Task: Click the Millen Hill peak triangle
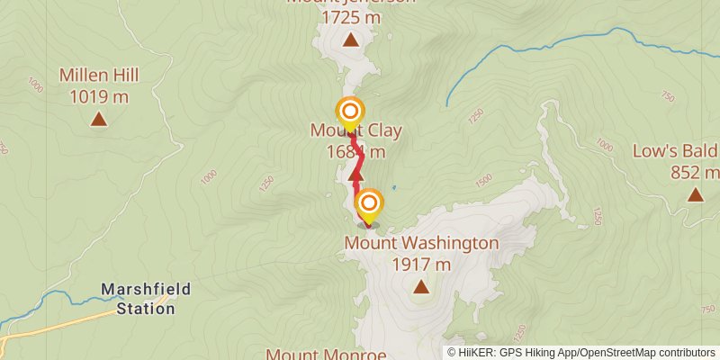[98, 119]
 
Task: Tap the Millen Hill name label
[98, 76]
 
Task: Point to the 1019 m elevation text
[98, 94]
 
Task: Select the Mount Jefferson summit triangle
[349, 40]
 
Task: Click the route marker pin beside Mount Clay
[349, 112]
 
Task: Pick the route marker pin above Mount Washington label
[367, 204]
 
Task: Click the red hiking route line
[358, 162]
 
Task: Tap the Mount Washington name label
[421, 243]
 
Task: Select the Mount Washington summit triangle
[420, 287]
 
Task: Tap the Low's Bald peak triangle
[695, 194]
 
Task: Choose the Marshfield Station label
[138, 300]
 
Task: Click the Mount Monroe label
[326, 354]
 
